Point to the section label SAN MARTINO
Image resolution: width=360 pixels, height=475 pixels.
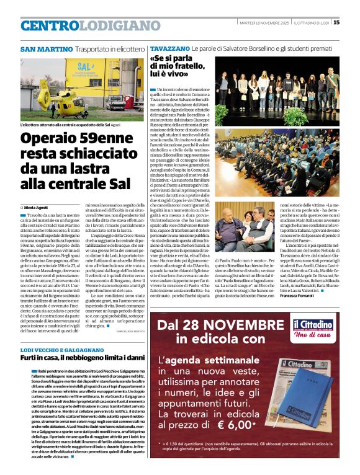[x=47, y=49]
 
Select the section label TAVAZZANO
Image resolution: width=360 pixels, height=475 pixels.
[x=169, y=48]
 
